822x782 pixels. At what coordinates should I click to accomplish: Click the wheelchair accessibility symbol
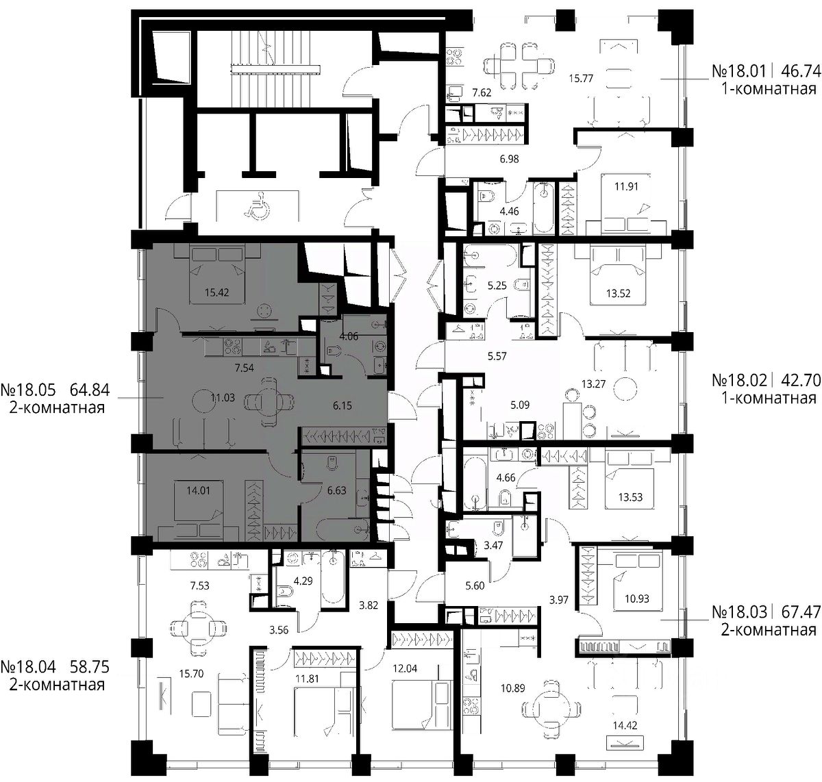[258, 205]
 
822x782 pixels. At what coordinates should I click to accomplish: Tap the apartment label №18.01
[739, 71]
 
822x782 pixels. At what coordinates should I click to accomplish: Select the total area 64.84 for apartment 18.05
[90, 390]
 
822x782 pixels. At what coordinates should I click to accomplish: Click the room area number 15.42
[216, 292]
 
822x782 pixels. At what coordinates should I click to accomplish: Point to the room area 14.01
[198, 490]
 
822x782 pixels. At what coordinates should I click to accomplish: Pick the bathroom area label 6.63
[336, 490]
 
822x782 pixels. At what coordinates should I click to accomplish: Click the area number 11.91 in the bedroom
[626, 186]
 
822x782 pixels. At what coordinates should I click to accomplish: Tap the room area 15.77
[581, 79]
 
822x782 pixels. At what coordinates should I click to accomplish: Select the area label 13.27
[593, 383]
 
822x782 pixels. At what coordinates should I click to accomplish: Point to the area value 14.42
[625, 725]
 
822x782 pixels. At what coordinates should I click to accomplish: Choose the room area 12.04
[405, 668]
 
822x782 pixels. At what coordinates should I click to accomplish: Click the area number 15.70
[191, 674]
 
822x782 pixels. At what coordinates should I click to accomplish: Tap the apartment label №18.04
[28, 667]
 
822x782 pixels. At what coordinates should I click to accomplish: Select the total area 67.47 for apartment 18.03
[801, 612]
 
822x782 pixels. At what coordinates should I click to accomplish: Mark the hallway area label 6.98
[509, 159]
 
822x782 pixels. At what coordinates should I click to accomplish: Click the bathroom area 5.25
[497, 286]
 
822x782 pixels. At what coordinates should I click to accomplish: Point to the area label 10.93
[637, 598]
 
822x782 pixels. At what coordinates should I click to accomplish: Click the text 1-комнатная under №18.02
[769, 398]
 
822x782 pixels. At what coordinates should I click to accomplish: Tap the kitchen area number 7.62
[482, 92]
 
